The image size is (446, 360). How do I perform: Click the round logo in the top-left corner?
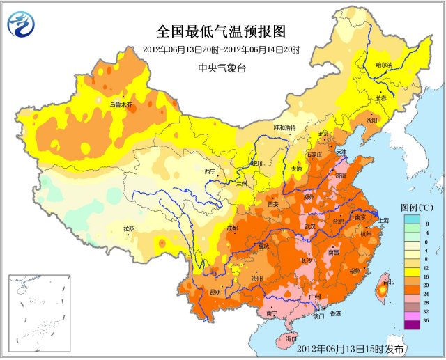click(x=21, y=25)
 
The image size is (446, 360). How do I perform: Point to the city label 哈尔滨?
click(x=385, y=65)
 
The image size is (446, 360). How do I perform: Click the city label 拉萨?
click(x=129, y=228)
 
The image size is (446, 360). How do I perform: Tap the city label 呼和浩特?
click(x=284, y=127)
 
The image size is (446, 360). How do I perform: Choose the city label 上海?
click(x=384, y=220)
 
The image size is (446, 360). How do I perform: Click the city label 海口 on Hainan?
click(x=291, y=338)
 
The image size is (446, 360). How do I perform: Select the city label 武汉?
click(x=309, y=226)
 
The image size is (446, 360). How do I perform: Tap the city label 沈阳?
click(x=371, y=120)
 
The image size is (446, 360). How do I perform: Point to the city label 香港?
click(x=336, y=313)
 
